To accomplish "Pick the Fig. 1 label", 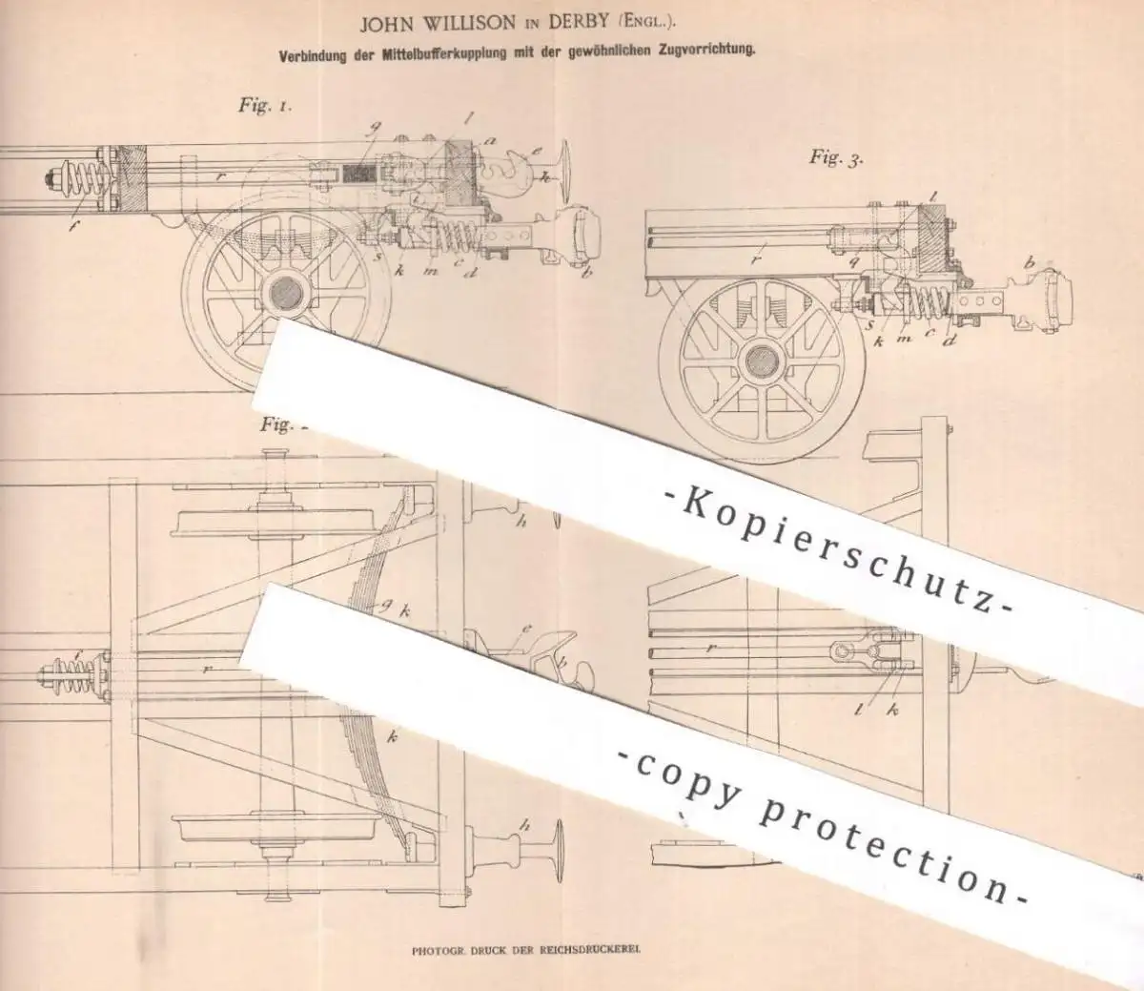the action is coord(265,105).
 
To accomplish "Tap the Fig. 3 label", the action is coord(836,157).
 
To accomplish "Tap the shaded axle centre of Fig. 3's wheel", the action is coord(762,361).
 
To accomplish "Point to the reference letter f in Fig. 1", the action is coord(72,225).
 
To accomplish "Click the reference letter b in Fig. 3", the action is coord(1029,263).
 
